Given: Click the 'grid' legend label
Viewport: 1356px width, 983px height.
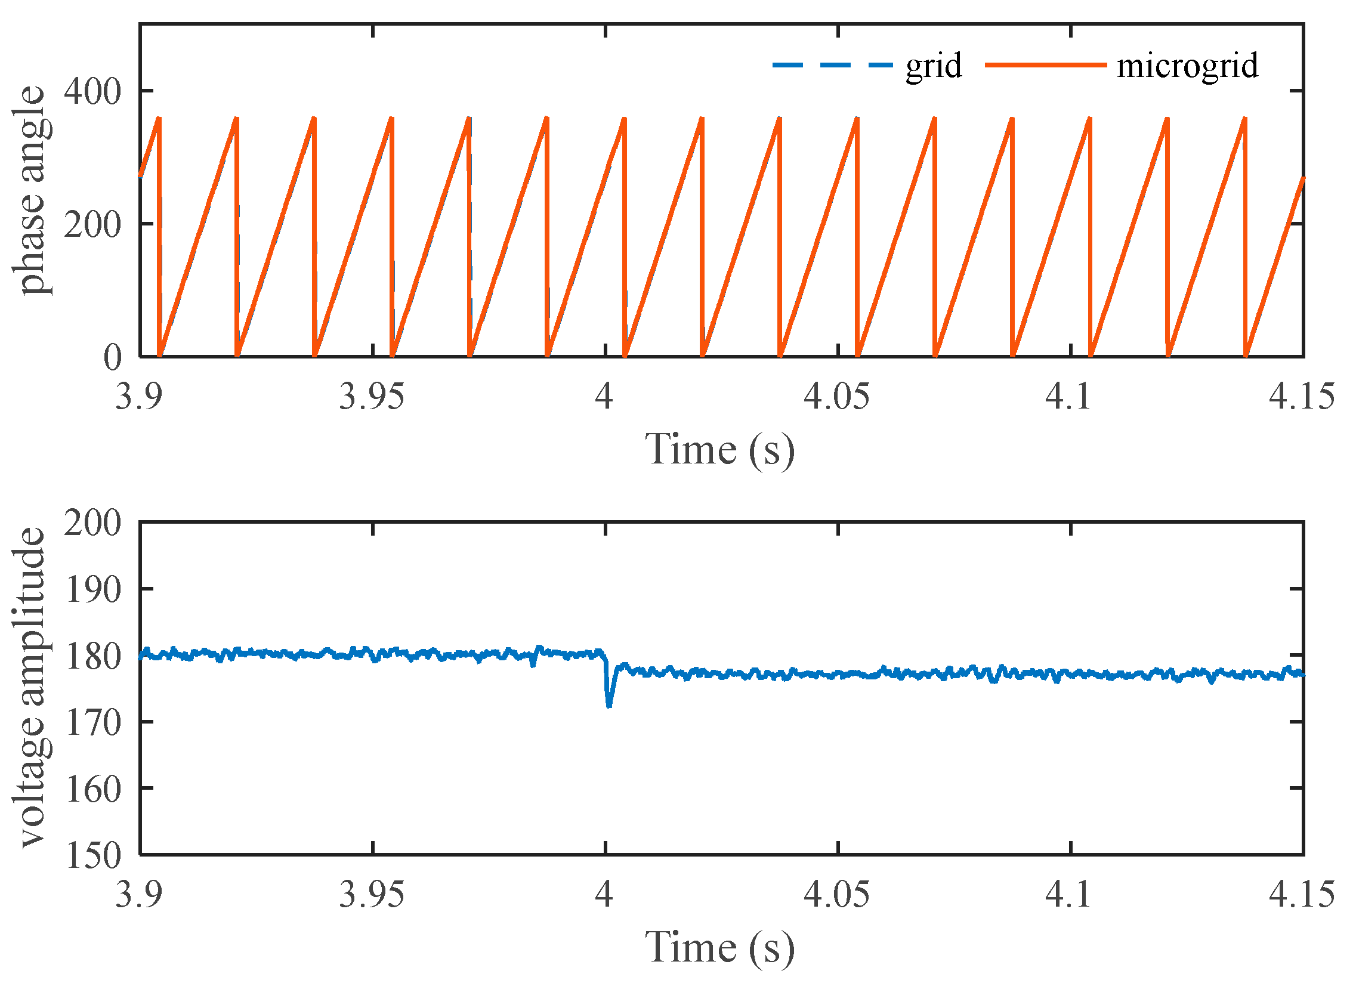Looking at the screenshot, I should [x=933, y=66].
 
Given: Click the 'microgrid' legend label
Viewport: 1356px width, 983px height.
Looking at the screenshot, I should [x=1187, y=66].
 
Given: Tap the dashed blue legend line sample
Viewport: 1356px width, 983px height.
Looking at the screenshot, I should [x=833, y=64].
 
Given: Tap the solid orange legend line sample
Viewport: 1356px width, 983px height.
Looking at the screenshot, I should [x=1045, y=64].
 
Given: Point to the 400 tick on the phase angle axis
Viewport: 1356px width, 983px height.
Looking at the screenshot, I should [x=92, y=91].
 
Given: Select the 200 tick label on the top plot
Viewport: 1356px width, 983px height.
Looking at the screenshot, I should [x=92, y=225].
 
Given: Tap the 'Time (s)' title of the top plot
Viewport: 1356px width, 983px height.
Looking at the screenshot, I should [x=720, y=450].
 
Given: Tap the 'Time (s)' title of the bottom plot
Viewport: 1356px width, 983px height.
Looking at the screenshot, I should [x=720, y=948].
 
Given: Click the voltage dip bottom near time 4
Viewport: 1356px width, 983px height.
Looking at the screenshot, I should [x=609, y=706].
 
